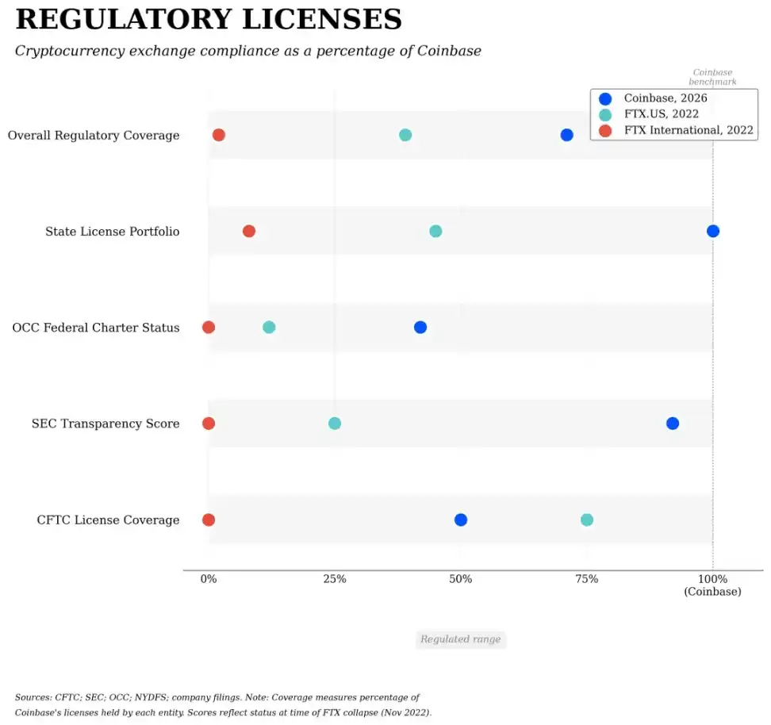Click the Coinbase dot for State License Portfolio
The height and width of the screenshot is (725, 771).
click(712, 231)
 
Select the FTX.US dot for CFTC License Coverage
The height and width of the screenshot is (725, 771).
click(586, 520)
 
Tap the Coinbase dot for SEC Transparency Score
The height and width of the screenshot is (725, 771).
click(672, 424)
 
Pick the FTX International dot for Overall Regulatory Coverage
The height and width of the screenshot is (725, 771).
click(219, 135)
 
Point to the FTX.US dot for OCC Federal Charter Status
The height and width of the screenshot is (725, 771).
click(269, 328)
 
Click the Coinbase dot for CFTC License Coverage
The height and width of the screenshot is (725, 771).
click(460, 520)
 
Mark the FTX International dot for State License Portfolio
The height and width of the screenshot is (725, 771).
click(249, 231)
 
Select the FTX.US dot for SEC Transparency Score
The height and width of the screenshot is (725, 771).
click(335, 424)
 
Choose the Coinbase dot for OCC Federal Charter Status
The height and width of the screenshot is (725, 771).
click(420, 328)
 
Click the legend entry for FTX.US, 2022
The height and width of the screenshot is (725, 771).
click(661, 114)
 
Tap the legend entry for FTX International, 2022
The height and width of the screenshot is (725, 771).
click(688, 130)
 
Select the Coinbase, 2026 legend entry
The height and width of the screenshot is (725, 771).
click(665, 98)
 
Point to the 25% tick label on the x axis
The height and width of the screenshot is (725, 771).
click(335, 579)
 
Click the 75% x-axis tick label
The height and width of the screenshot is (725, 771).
click(586, 579)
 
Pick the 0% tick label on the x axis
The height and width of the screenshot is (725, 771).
click(209, 579)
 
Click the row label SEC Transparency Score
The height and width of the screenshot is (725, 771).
click(105, 424)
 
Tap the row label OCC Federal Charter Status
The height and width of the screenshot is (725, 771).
click(96, 328)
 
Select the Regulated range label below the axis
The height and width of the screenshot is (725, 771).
click(461, 639)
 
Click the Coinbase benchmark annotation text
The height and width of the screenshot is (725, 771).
click(712, 77)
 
